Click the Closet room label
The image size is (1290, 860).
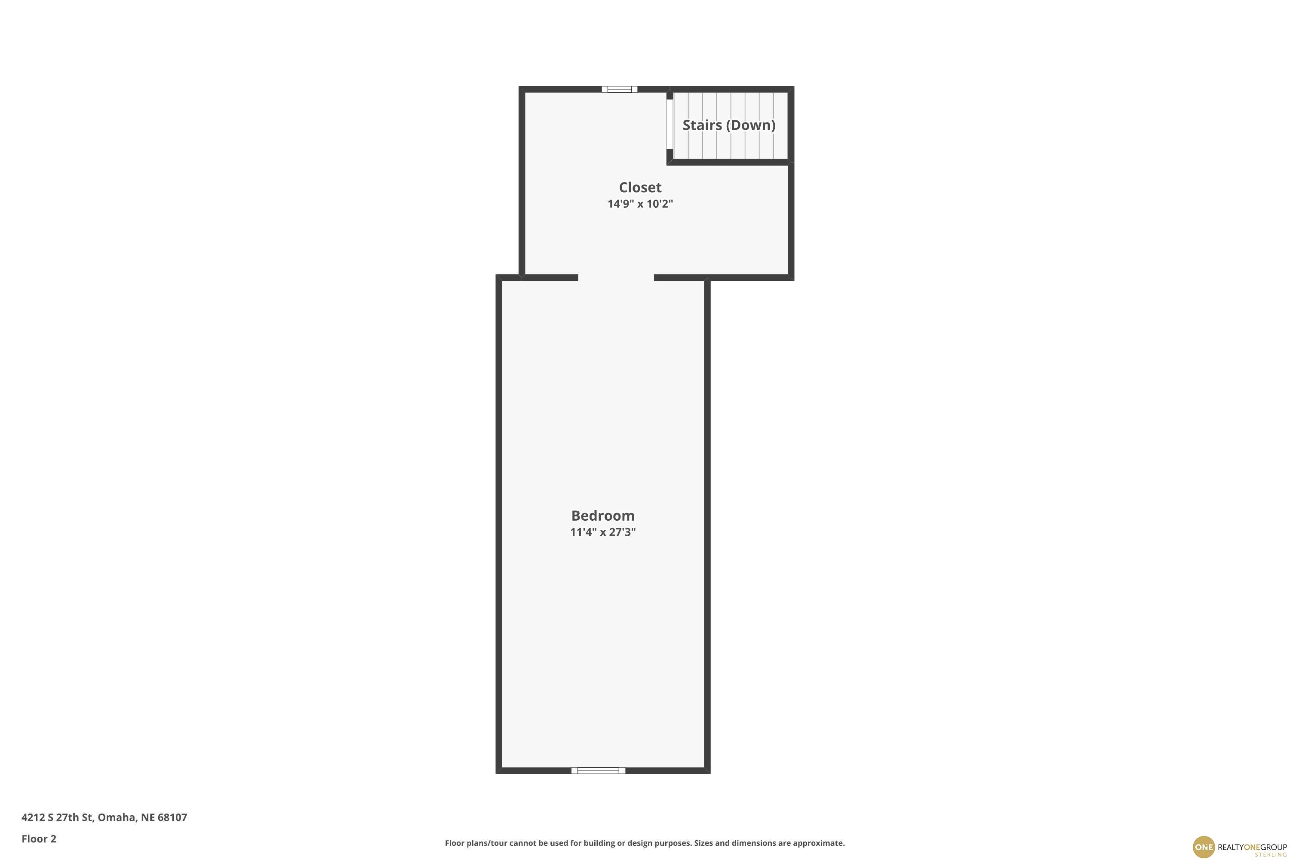[x=640, y=187]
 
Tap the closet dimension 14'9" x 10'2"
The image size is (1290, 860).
[x=640, y=204]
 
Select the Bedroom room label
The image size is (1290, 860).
[x=603, y=516]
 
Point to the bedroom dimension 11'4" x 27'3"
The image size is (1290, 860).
[x=603, y=532]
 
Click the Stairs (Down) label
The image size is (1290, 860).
[x=729, y=125]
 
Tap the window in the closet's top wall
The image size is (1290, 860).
[x=619, y=89]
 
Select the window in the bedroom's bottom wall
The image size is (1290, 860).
[x=599, y=771]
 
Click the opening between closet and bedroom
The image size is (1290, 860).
[x=616, y=277]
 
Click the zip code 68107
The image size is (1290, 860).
[x=172, y=817]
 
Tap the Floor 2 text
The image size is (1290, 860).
[x=39, y=838]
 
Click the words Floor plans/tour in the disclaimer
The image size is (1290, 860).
[x=476, y=843]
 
